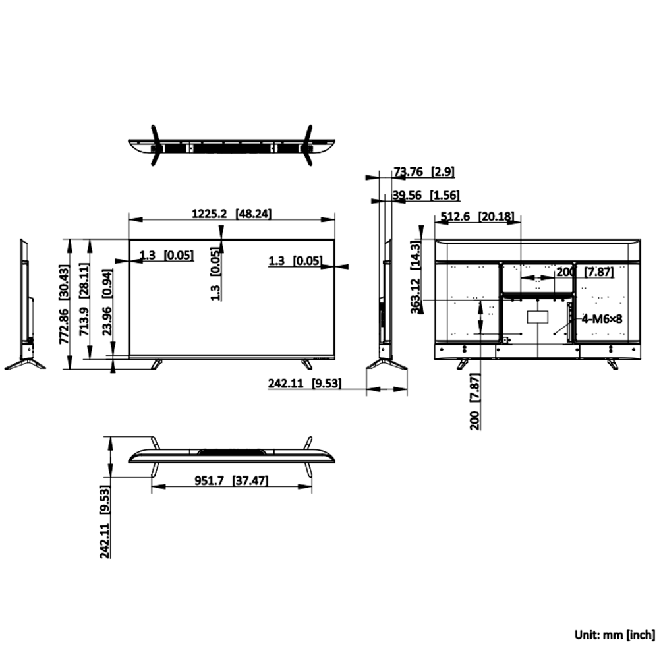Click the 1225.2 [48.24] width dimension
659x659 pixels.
(231, 214)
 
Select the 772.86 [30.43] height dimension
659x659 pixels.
(64, 304)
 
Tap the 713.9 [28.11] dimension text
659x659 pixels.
(84, 299)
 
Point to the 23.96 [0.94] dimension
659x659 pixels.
(107, 302)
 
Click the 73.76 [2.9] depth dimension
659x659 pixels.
(424, 172)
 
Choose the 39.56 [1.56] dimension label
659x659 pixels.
(426, 196)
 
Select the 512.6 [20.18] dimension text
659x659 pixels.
(477, 216)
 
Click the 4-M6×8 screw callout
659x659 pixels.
(602, 318)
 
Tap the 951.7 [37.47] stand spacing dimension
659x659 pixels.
(231, 480)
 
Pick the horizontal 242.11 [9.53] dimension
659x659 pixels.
(304, 384)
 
